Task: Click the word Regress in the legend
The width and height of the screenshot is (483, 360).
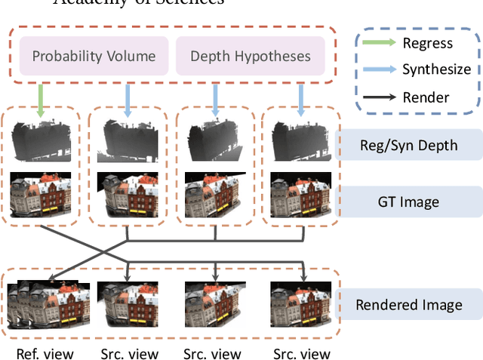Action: [428, 42]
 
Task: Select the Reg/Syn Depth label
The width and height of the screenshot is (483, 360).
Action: [408, 143]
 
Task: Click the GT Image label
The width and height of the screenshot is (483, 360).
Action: [408, 202]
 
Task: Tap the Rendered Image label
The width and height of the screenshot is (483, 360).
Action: [408, 305]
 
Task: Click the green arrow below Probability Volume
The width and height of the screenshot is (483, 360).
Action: [39, 100]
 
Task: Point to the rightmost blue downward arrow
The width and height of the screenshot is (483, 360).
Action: [301, 100]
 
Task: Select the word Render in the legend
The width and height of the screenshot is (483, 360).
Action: [426, 96]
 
